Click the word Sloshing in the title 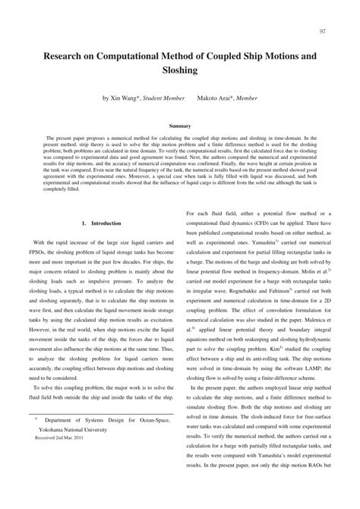pos(179,70)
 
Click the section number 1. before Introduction pos(83,203)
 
